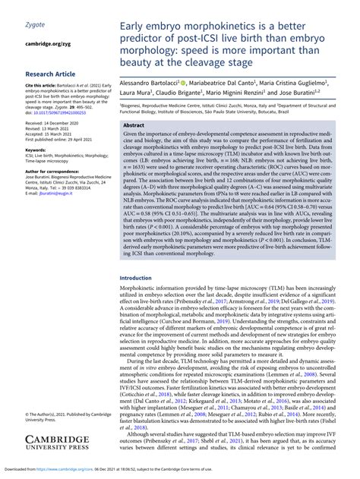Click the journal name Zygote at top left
coord(35,25)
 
